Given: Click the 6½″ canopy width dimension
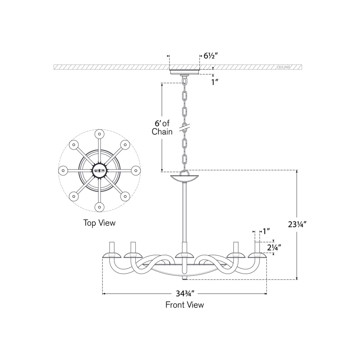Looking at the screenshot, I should [x=210, y=55].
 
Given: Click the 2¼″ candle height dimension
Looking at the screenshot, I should [x=274, y=247].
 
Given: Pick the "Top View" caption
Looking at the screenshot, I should [x=99, y=223].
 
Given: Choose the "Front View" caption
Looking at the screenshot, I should [x=185, y=305].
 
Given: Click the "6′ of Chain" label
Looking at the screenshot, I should [x=162, y=127].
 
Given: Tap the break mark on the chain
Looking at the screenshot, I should [x=184, y=127].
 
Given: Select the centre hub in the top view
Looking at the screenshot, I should [x=99, y=170].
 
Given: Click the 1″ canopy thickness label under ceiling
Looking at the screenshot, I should [x=214, y=82].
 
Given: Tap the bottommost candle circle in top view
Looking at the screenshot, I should [x=99, y=207].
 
